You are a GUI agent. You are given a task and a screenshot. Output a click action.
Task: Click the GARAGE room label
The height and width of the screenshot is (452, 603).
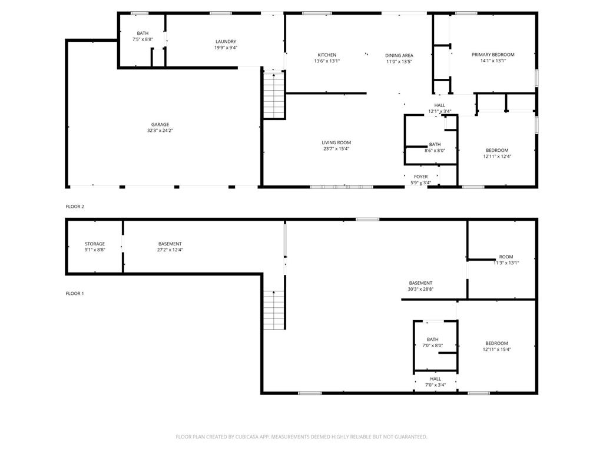coord(160,124)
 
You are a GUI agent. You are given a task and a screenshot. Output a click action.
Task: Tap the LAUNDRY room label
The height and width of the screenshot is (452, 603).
coord(226,41)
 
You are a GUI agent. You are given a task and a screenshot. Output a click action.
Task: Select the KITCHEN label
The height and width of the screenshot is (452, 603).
coord(327,55)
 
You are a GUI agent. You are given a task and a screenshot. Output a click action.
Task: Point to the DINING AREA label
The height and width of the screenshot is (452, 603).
coord(399,55)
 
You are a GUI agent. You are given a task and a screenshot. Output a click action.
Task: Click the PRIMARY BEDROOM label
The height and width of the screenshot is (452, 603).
coord(493,54)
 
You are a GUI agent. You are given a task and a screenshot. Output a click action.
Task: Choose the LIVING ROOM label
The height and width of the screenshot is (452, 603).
coord(336,142)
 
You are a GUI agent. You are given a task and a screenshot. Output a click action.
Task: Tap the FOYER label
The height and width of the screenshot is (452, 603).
coord(420,177)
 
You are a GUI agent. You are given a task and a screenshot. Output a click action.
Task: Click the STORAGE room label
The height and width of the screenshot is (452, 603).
coord(95,244)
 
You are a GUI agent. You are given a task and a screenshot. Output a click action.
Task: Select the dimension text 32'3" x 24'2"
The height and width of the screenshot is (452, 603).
coord(160,131)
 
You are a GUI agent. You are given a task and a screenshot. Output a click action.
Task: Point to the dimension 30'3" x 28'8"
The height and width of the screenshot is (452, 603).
coord(420,289)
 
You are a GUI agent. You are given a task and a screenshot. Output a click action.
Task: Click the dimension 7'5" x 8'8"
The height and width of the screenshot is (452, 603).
coord(143,39)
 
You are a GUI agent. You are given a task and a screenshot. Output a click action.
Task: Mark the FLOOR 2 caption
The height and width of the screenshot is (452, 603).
coord(75,207)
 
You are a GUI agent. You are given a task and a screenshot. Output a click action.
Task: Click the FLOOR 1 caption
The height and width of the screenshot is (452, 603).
coord(75,293)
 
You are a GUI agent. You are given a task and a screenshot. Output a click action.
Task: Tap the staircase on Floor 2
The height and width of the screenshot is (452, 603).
coord(274,94)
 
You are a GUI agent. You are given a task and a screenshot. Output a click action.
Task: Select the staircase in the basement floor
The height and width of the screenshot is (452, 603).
coord(274,310)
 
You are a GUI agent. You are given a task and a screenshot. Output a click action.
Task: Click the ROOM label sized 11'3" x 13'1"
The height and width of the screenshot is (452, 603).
coord(506,257)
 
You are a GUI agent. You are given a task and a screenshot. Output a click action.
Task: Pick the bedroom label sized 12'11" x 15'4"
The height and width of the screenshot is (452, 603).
coord(496,343)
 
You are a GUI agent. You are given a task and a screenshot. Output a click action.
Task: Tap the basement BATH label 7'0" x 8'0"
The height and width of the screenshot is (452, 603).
coord(433,339)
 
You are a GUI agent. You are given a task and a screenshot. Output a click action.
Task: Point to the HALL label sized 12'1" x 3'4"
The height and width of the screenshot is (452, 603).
coord(439,105)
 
